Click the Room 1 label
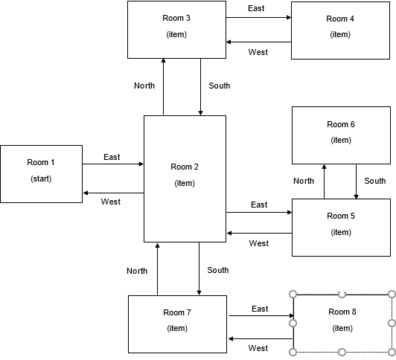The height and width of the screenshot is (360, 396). tap(41, 162)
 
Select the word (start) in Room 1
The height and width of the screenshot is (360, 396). tap(41, 179)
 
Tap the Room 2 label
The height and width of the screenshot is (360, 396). tap(185, 167)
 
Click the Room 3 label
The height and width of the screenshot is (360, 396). tap(176, 18)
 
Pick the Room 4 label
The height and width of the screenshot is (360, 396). tap(340, 19)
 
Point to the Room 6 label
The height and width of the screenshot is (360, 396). tap(341, 124)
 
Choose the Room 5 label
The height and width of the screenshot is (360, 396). tap(341, 216)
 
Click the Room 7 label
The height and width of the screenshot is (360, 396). tap(177, 312)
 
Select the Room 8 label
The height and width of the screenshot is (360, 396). tap(342, 312)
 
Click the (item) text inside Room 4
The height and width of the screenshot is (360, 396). tap(340, 35)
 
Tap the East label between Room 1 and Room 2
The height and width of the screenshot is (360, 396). tap(112, 157)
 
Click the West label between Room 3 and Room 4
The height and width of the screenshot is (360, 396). tap(258, 52)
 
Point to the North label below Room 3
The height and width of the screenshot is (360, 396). tap(144, 86)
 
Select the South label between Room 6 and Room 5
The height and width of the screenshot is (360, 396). tap(375, 181)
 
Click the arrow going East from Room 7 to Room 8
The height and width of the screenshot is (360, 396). tap(261, 316)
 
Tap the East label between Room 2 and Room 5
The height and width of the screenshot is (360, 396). tap(259, 205)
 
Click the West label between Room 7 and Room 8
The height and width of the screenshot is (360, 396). tap(258, 348)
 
